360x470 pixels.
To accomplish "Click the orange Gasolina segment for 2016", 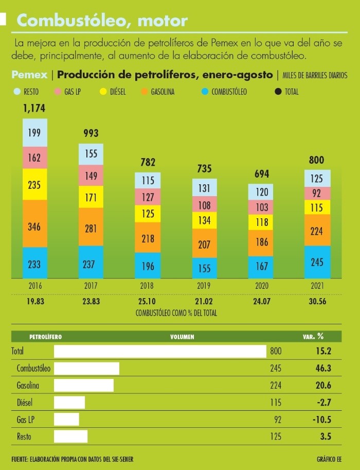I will pos(35,223).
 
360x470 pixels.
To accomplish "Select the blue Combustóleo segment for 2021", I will pos(317,262).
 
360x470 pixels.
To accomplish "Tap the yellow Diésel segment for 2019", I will pos(205,220).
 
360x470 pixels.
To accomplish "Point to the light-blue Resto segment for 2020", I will pos(261,192).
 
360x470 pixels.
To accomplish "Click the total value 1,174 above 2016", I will pos(34,109).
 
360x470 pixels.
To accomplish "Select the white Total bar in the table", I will pos(160,352).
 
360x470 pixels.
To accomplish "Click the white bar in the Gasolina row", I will pos(84,385).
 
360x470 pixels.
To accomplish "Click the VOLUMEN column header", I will pos(182,337).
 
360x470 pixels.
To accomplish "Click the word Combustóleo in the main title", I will pos(61,21).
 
